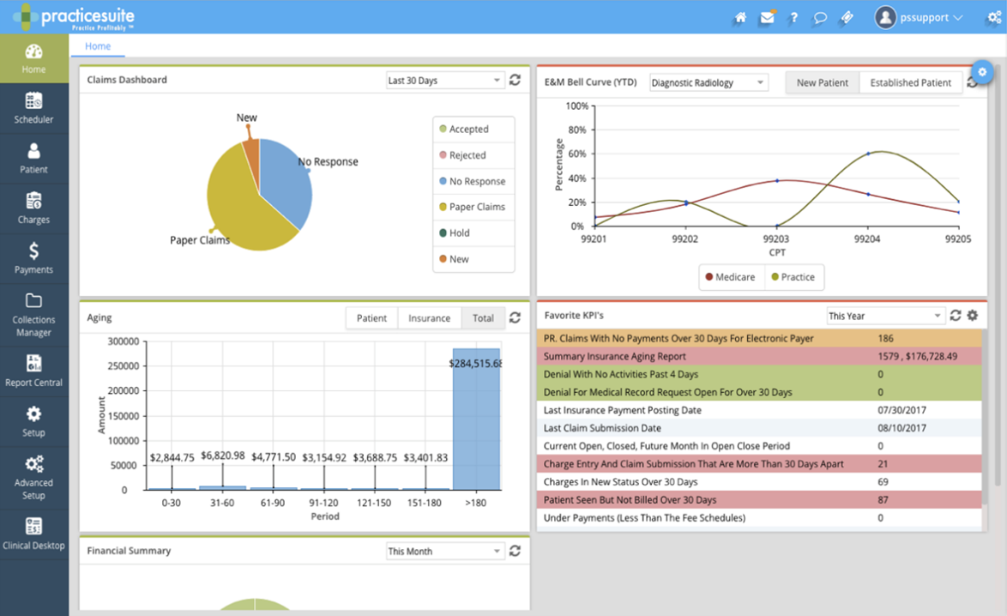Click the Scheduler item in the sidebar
[x=33, y=108]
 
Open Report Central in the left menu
[x=33, y=371]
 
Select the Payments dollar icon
[x=33, y=251]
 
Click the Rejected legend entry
[x=467, y=155]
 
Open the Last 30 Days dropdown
[x=444, y=81]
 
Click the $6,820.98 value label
[x=222, y=456]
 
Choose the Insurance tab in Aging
[x=429, y=318]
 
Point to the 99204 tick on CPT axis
[x=867, y=239]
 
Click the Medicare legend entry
[x=731, y=277]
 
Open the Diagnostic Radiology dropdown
[x=708, y=83]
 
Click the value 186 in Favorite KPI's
[x=886, y=339]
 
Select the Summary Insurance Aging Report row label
[x=614, y=357]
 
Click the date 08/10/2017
[x=901, y=428]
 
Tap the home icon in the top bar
[x=740, y=17]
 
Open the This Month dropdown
[x=444, y=552]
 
